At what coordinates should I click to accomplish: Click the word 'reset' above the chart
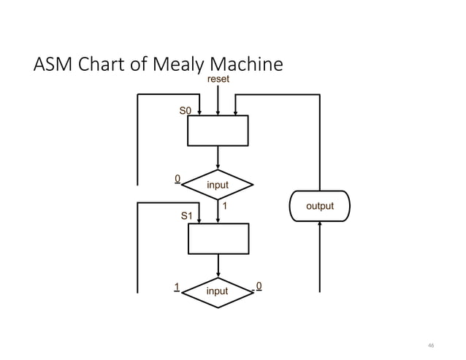218,79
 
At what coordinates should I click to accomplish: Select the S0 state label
186,110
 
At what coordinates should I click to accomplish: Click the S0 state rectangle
218,131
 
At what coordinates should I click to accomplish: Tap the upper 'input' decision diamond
218,185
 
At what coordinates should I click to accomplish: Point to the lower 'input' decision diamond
218,291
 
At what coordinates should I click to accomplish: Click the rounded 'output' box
320,205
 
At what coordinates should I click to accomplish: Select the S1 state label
186,216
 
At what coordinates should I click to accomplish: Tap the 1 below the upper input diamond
225,207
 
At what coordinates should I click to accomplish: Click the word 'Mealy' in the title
173,66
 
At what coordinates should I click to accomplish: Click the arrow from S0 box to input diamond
218,158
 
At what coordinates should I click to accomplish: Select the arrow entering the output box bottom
320,256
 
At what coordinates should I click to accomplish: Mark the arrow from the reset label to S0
218,101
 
